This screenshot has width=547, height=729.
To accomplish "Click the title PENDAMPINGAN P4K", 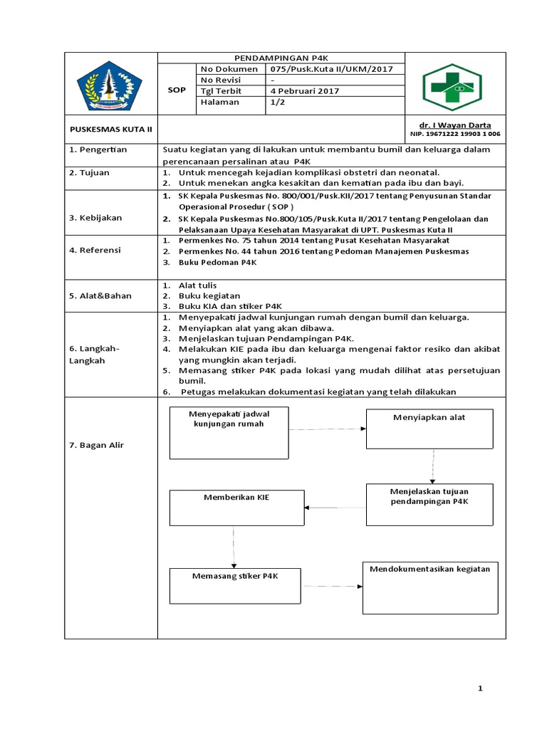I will pos(280,58).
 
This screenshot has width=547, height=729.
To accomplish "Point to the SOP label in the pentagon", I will pos(176,91).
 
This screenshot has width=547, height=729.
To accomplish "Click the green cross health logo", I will pos(455,85).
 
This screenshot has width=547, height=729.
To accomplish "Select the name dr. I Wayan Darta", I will pos(455,125).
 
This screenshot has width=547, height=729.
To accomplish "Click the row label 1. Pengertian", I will pos(98,150).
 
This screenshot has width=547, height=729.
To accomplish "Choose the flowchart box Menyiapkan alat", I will pos(429,428).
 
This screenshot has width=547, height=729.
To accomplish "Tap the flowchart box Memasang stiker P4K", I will pos(236,585).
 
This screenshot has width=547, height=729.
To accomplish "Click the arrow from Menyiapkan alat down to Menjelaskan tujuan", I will pos(432,466).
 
